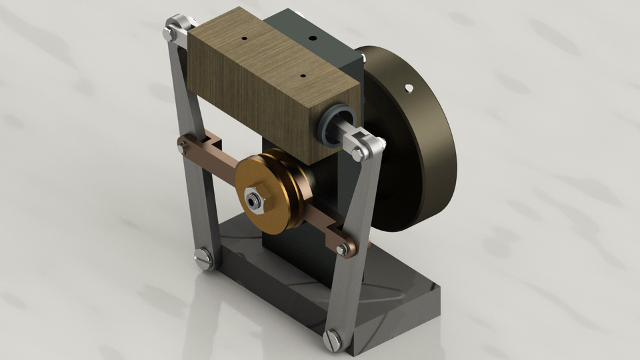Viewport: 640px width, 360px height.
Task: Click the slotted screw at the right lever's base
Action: click(333, 339)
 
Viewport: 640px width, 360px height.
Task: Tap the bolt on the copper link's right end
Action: click(343, 249)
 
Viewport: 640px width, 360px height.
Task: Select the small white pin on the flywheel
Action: click(409, 88)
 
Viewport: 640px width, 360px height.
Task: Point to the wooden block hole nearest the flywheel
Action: click(303, 75)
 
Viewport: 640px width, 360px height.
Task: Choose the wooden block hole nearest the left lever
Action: click(244, 39)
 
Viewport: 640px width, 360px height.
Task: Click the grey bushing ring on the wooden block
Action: click(331, 125)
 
